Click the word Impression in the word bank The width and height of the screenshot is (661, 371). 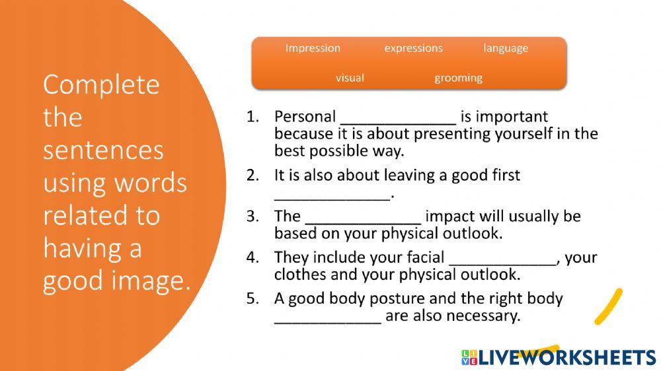pyautogui.click(x=313, y=48)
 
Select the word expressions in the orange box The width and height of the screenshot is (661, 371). pyautogui.click(x=414, y=48)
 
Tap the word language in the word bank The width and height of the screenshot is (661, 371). pyautogui.click(x=506, y=49)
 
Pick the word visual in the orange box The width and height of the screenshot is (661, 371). pyautogui.click(x=350, y=78)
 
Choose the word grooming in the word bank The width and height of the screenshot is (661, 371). pyautogui.click(x=458, y=79)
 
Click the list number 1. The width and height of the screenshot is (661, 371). pyautogui.click(x=252, y=117)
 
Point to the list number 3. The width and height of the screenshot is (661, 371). pyautogui.click(x=252, y=216)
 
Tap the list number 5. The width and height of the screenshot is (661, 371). pyautogui.click(x=252, y=298)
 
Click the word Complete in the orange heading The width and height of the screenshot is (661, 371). pyautogui.click(x=101, y=85)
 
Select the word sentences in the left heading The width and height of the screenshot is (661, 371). pyautogui.click(x=103, y=151)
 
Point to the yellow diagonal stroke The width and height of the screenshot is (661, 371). pyautogui.click(x=608, y=306)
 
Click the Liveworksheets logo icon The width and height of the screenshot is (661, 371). pyautogui.click(x=469, y=357)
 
